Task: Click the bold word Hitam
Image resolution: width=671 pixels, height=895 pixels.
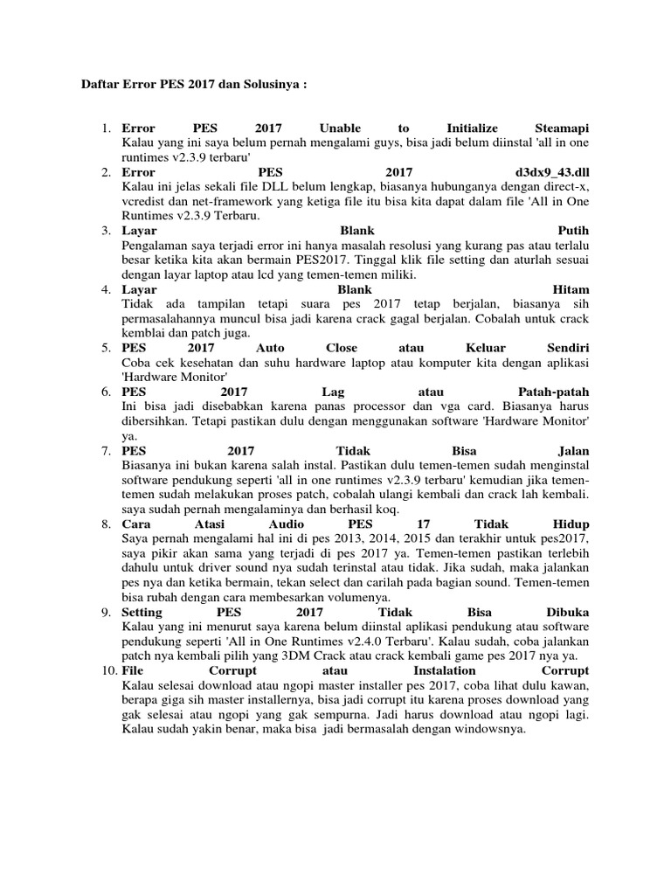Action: point(571,289)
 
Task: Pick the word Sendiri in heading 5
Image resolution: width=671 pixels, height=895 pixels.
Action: point(565,347)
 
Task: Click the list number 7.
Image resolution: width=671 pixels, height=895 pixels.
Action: point(105,450)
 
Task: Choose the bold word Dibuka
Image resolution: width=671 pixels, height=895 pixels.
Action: point(565,611)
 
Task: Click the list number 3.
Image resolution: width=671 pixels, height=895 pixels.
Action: point(105,231)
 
